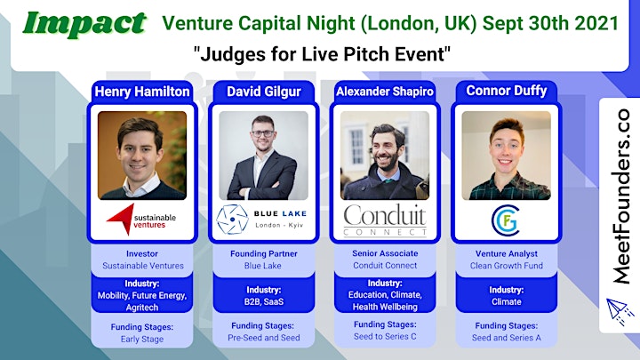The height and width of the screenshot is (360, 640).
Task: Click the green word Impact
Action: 84,25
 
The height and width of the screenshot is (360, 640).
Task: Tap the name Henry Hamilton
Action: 142,92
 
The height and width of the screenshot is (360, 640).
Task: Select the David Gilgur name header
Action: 264,92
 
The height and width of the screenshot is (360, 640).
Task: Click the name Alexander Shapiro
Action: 385,92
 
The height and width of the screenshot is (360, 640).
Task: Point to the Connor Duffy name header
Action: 506,91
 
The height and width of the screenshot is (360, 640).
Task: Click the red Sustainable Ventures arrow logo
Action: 121,220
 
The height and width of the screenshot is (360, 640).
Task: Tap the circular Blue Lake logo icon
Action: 232,220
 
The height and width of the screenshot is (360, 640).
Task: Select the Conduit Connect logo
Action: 385,220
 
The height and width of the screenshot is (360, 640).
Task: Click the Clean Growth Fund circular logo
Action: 506,220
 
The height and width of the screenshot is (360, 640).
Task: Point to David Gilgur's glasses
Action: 263,133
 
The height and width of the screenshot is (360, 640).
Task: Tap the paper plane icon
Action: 620,311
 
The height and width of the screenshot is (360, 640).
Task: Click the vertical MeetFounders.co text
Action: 620,196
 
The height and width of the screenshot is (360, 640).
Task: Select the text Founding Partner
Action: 264,253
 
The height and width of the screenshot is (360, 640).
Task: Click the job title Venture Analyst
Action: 506,253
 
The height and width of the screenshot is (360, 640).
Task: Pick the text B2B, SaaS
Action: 264,301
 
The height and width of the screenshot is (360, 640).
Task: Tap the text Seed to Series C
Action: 385,336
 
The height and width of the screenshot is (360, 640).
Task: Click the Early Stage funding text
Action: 142,339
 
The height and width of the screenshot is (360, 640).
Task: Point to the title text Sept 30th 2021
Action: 550,23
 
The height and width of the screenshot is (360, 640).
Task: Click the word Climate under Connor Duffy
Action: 506,301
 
